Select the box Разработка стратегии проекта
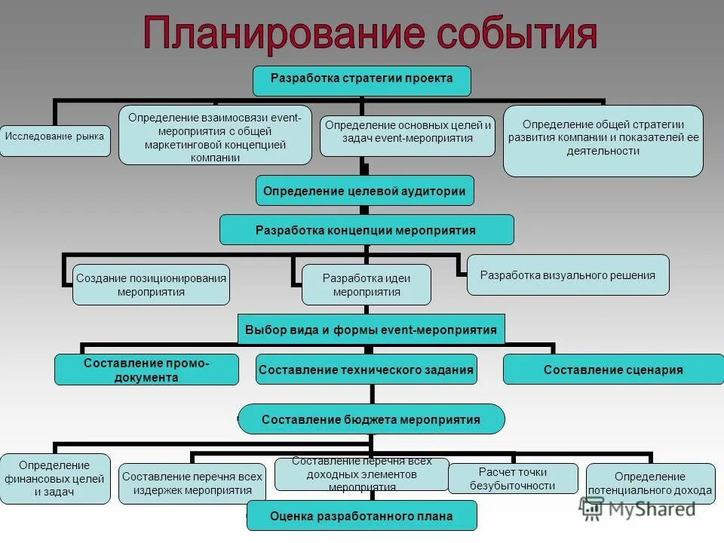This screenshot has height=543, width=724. (x=362, y=80)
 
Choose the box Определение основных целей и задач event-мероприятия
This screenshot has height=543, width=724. (x=407, y=134)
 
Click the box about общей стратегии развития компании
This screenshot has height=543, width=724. (x=603, y=140)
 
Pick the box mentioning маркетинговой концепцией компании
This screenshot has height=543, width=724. (x=215, y=136)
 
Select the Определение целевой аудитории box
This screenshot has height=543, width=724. (x=364, y=191)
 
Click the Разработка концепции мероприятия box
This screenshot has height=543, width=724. (x=366, y=230)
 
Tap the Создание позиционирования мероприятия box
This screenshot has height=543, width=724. (x=151, y=285)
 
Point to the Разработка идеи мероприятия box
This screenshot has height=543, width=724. (x=367, y=285)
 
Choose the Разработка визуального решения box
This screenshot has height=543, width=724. (x=568, y=275)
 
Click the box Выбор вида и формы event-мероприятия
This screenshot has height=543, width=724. (x=371, y=330)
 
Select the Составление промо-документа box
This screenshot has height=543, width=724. (x=146, y=370)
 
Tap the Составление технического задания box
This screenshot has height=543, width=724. (x=366, y=370)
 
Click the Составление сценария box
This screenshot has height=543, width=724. (x=612, y=370)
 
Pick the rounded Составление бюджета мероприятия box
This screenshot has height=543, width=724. (x=370, y=419)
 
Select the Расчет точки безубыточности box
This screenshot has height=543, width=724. (x=512, y=478)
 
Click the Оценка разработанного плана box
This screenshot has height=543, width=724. (x=362, y=517)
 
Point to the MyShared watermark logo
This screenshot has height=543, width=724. (x=638, y=508)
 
